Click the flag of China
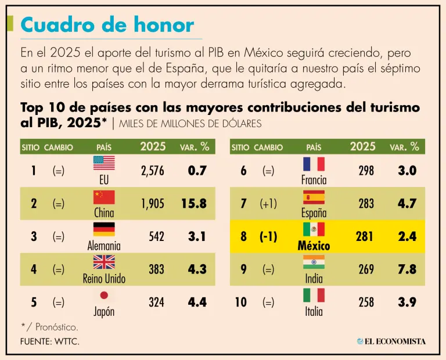104,197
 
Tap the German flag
104,229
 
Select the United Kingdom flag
104,262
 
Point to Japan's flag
104,295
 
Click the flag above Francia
314,164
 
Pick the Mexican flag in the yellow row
314,229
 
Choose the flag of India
314,262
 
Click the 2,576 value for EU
153,171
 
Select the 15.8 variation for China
197,204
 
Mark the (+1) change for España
268,204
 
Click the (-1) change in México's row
268,236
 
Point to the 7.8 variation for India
407,269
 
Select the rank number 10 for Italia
241,302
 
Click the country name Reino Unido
104,279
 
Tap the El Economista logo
391,341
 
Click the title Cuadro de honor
107,25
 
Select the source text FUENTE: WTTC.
50,341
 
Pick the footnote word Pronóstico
57,327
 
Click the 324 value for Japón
156,302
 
